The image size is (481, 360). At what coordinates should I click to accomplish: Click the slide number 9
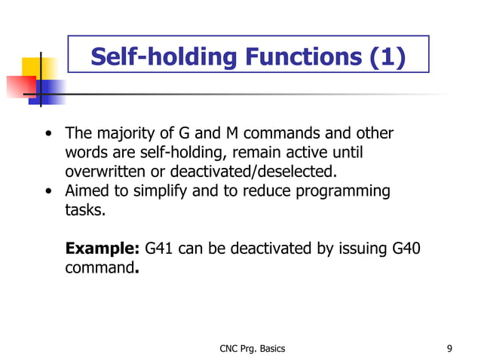click(x=449, y=349)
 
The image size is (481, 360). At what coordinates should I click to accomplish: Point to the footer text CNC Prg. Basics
click(x=252, y=349)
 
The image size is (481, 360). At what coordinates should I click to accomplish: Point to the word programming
click(x=344, y=191)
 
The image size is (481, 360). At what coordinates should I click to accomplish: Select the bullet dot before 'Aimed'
click(x=48, y=192)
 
